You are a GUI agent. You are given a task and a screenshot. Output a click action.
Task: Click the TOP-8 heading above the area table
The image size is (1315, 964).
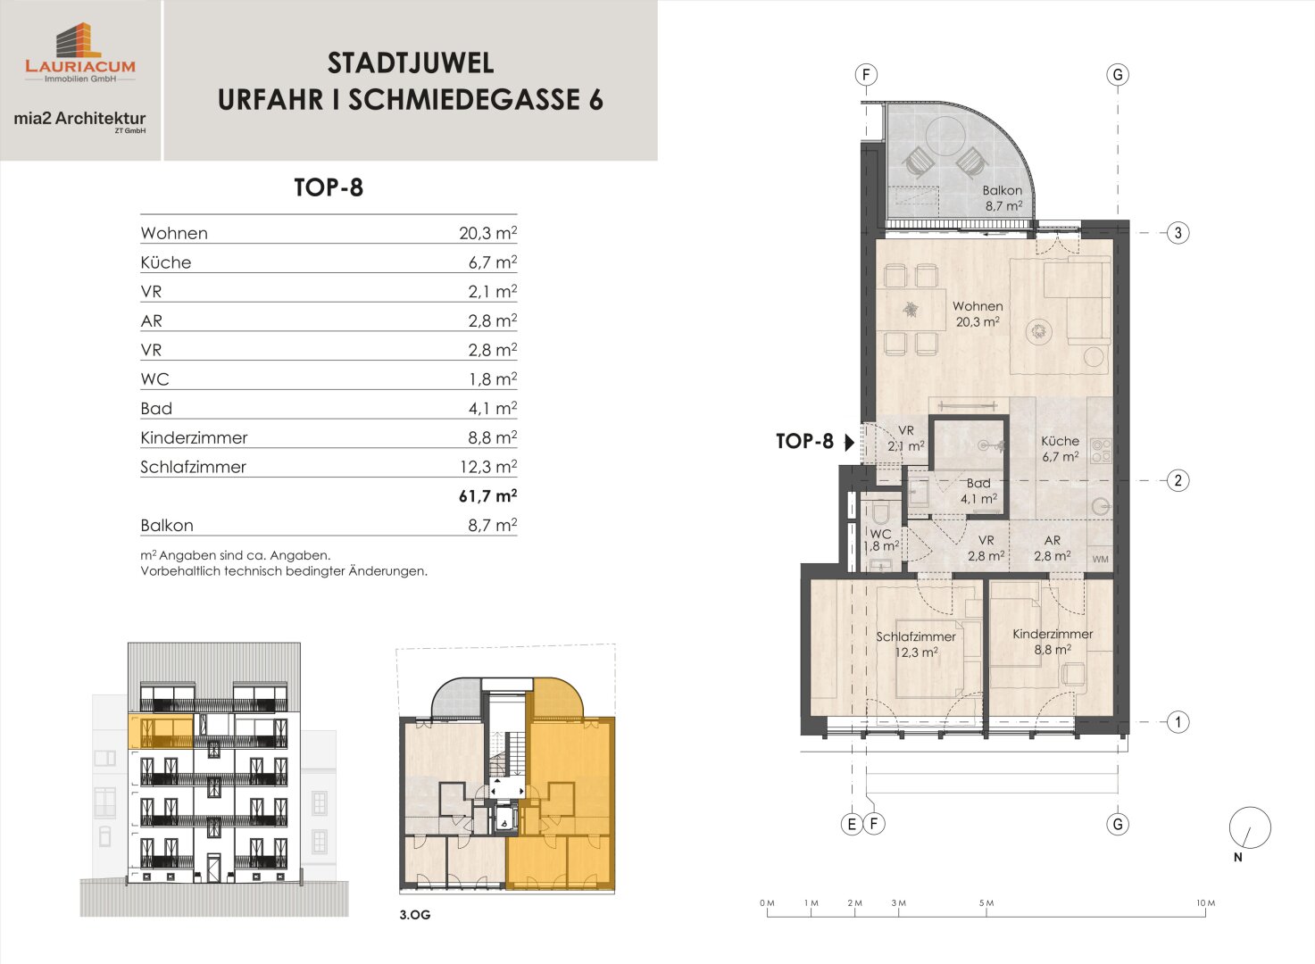click(x=329, y=187)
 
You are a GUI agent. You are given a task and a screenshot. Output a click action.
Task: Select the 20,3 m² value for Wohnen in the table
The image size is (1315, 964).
click(x=487, y=233)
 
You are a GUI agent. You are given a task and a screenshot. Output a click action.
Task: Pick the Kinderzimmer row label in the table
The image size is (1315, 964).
click(x=194, y=438)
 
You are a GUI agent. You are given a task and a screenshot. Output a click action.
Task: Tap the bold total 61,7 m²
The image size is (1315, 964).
click(x=487, y=496)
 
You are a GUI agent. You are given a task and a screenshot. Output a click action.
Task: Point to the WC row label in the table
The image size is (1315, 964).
click(x=155, y=379)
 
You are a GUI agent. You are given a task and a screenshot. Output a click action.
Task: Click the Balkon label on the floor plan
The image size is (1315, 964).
click(x=1003, y=191)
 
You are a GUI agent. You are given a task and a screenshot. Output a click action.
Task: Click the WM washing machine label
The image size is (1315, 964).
click(x=1100, y=560)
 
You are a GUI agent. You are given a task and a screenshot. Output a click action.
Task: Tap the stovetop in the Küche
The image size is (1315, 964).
click(x=1101, y=451)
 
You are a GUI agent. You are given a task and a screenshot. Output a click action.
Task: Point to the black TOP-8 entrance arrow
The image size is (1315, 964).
click(x=849, y=442)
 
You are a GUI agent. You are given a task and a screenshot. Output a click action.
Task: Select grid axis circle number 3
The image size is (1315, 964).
click(x=1178, y=233)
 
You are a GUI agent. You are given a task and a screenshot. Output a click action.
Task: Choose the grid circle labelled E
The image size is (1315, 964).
click(x=852, y=824)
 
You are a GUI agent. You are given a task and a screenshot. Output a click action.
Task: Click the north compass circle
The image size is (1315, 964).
click(x=1250, y=827)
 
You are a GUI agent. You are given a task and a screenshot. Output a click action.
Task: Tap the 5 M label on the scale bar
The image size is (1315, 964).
click(x=986, y=903)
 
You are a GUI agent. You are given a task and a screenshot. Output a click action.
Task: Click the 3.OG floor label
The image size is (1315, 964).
click(x=415, y=915)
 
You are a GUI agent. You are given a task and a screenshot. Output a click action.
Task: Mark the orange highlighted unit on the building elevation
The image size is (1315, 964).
click(x=161, y=731)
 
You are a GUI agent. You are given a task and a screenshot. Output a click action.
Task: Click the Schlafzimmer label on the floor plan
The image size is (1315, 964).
click(x=916, y=636)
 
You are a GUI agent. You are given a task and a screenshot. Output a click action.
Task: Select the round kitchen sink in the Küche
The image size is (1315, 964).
click(x=1102, y=506)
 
